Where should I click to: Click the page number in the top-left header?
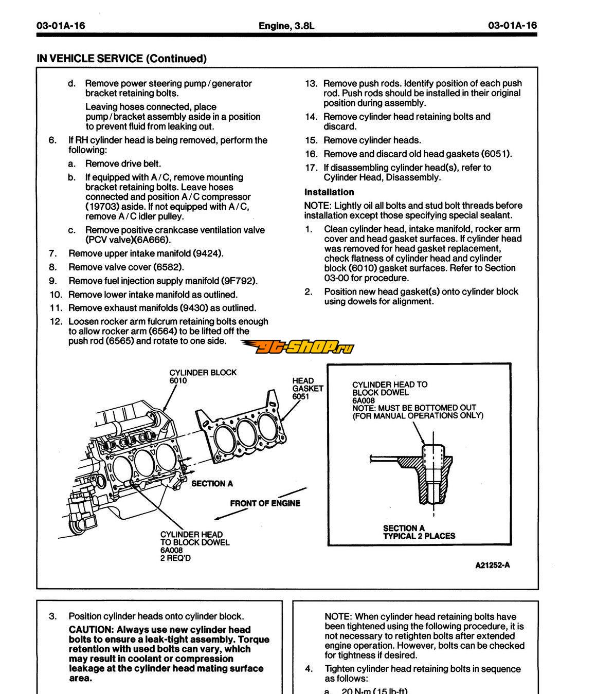(x=61, y=26)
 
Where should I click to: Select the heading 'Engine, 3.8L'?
(x=286, y=26)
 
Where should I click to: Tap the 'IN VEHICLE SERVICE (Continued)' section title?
(x=121, y=59)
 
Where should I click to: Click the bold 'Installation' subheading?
(x=329, y=192)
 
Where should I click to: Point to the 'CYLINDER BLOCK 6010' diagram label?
(x=203, y=376)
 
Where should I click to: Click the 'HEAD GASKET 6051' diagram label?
(x=308, y=389)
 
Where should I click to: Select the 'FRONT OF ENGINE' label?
(x=265, y=503)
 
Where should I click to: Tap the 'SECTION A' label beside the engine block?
(x=212, y=483)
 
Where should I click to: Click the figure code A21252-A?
(x=492, y=565)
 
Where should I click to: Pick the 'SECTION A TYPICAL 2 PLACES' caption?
(x=419, y=532)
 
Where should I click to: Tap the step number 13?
(x=311, y=83)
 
